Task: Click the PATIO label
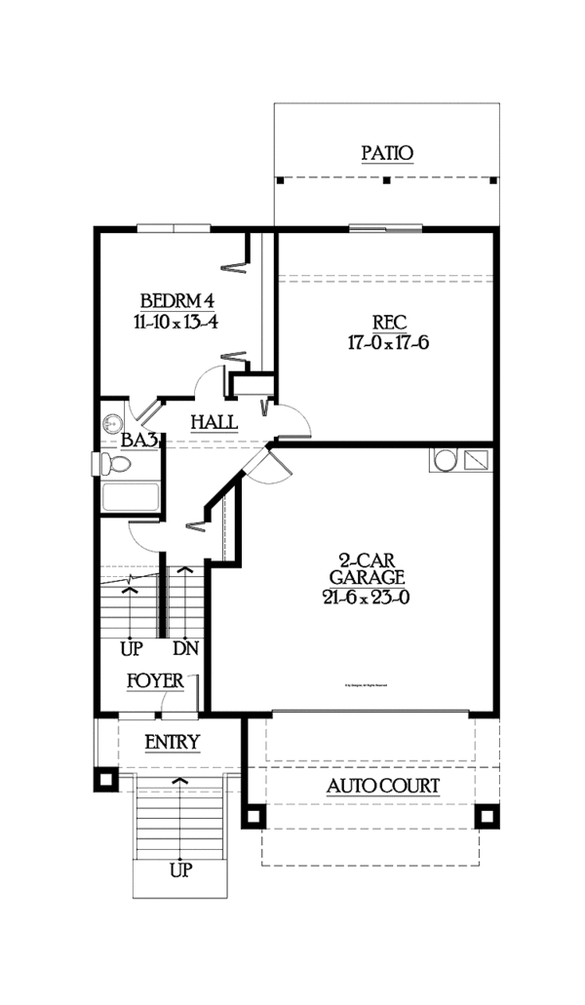(387, 153)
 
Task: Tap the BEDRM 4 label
(175, 299)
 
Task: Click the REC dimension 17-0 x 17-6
(388, 344)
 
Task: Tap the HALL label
(214, 422)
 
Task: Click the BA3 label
(139, 441)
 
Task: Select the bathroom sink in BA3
(111, 423)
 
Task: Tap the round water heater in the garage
(444, 458)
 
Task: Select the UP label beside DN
(132, 648)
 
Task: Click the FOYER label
(155, 680)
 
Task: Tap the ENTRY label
(172, 743)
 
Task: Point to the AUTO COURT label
(382, 786)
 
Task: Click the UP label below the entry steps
(180, 870)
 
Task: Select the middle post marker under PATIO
(387, 180)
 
